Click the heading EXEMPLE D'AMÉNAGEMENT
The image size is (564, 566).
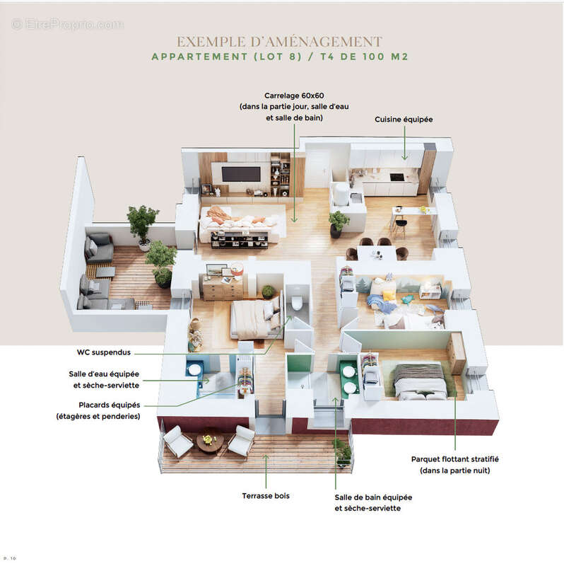point(279,42)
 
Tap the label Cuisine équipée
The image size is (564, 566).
point(404,120)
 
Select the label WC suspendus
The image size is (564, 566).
point(103,352)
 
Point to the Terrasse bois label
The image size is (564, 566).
point(266,496)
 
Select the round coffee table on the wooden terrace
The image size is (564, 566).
point(210,442)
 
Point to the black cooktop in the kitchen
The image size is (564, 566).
point(396,178)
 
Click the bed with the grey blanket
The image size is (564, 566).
point(421,382)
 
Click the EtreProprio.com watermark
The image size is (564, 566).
point(67,24)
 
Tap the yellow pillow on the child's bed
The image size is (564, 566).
point(388,294)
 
